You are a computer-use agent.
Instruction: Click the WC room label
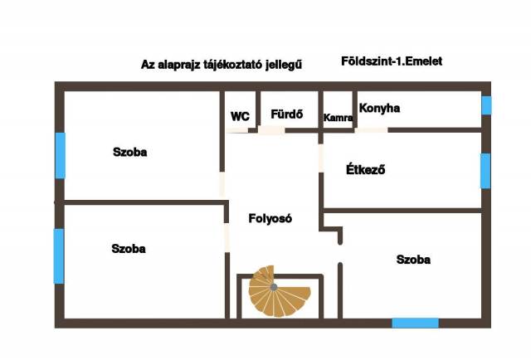tap(240, 117)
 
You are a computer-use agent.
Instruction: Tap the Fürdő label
tap(286, 114)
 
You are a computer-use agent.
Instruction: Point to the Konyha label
tap(379, 109)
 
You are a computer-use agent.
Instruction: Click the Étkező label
tap(366, 171)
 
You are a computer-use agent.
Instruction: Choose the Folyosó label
tap(270, 219)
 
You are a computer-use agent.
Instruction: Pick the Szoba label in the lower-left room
tap(129, 248)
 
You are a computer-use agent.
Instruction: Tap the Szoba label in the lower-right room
tap(413, 260)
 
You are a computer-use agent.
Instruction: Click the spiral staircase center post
tap(273, 287)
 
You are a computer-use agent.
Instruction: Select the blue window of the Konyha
tap(486, 105)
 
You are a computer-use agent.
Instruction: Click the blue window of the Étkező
tap(485, 170)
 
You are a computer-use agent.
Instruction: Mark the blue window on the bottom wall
tap(415, 322)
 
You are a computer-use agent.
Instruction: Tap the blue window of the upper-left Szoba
tap(60, 155)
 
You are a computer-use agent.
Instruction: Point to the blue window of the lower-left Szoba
tap(58, 255)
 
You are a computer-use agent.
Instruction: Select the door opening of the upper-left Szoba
tap(222, 183)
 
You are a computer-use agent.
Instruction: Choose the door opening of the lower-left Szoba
tap(226, 236)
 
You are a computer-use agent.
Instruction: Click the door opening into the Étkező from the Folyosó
tap(321, 158)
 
